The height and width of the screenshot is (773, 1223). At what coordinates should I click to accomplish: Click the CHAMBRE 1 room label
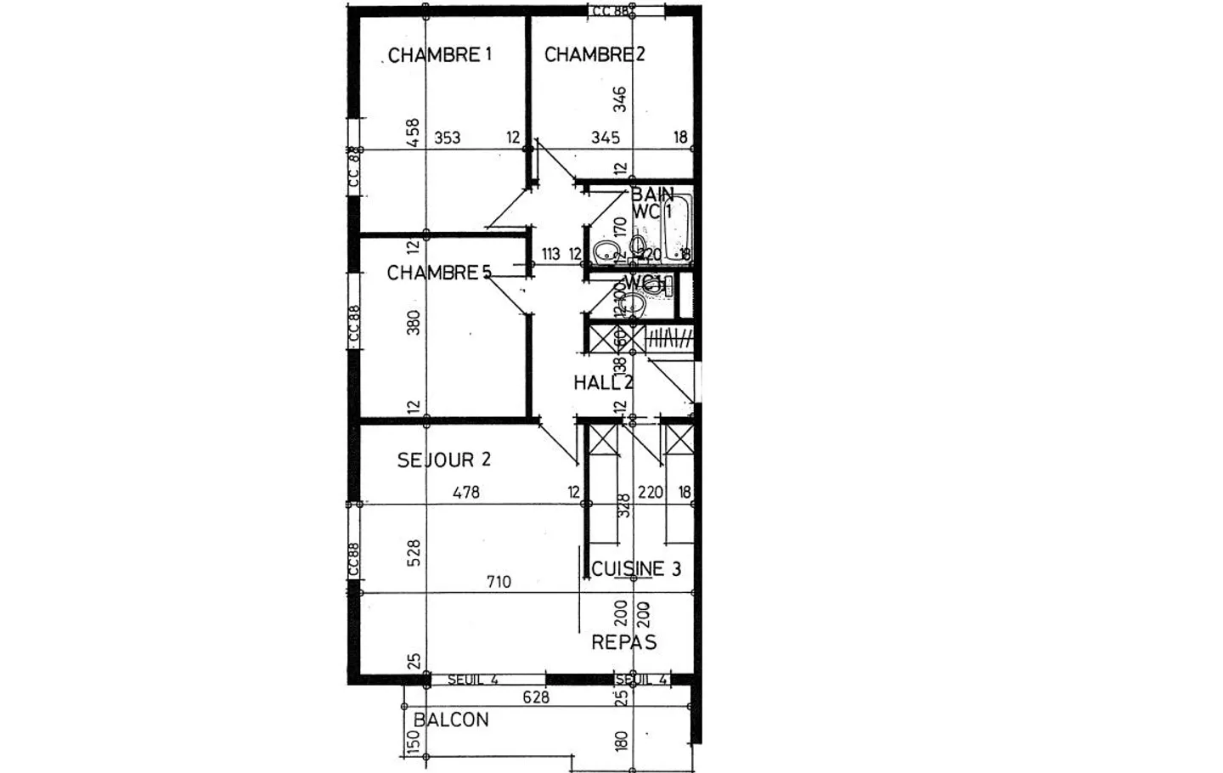pyautogui.click(x=440, y=55)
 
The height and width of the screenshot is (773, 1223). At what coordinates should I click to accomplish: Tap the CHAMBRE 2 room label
pyautogui.click(x=595, y=55)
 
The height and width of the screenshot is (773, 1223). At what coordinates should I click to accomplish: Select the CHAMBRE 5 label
pyautogui.click(x=439, y=273)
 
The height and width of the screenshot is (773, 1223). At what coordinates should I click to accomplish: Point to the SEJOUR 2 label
pyautogui.click(x=444, y=460)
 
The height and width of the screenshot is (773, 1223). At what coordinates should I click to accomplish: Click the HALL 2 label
pyautogui.click(x=603, y=383)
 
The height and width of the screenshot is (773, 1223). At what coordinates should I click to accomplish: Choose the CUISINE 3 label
pyautogui.click(x=636, y=569)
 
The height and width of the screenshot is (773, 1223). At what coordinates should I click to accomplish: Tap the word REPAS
pyautogui.click(x=624, y=642)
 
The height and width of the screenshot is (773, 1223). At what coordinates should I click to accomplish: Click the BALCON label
pyautogui.click(x=451, y=720)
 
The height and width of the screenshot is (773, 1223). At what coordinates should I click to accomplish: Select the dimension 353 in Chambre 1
pyautogui.click(x=448, y=138)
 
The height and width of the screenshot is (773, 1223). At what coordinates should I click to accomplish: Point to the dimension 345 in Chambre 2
pyautogui.click(x=606, y=138)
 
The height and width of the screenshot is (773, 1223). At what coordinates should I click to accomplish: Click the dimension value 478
pyautogui.click(x=466, y=492)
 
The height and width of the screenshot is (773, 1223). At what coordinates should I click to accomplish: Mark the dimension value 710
pyautogui.click(x=499, y=582)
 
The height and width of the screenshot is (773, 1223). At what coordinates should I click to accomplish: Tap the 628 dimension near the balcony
pyautogui.click(x=536, y=697)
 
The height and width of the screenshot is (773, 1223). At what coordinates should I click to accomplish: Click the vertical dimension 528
pyautogui.click(x=414, y=553)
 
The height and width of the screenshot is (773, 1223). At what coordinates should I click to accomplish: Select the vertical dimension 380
pyautogui.click(x=414, y=323)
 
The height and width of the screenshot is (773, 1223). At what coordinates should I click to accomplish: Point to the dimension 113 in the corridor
pyautogui.click(x=550, y=254)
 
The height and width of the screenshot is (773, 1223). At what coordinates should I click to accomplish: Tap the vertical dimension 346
pyautogui.click(x=620, y=99)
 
